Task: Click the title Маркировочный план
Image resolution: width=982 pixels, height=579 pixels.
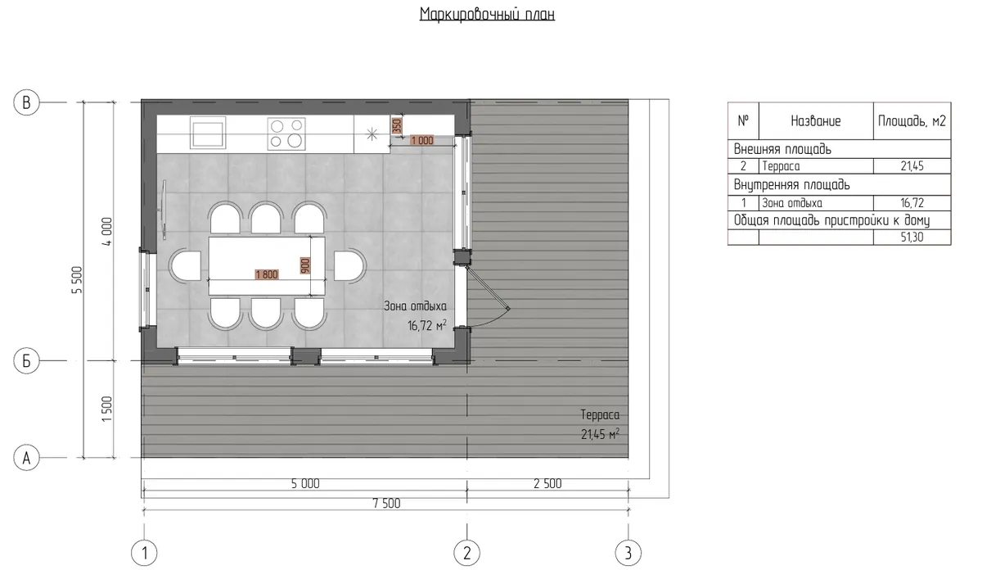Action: pos(487,15)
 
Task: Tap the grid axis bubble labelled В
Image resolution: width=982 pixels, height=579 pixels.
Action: pos(26,102)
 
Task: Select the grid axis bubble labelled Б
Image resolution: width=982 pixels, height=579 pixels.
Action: pos(26,361)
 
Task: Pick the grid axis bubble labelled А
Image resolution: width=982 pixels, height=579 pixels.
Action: pos(26,458)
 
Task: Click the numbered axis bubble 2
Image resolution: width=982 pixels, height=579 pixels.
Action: pos(467,553)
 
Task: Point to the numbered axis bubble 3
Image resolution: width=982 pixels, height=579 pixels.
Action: pos(628,553)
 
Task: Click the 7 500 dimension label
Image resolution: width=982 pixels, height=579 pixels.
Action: pos(386,503)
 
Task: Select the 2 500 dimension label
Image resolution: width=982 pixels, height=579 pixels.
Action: pos(547,483)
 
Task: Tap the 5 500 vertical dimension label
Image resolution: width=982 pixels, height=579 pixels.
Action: pos(77,280)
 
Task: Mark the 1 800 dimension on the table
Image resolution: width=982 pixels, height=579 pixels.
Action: pos(267,274)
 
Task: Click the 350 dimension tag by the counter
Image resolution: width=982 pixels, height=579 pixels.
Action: pos(397,126)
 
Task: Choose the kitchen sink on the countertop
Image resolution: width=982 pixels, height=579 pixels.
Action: pos(208,133)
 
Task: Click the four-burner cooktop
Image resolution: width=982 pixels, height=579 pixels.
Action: pos(286,133)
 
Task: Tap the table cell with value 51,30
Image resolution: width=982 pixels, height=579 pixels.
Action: pos(912,237)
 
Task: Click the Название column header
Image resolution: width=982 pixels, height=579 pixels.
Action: pos(816,121)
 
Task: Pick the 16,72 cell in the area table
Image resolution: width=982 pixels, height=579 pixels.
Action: pos(912,203)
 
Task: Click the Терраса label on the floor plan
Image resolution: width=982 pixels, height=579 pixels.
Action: pos(600,415)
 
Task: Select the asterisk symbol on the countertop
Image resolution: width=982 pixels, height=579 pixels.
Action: pos(372,133)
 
